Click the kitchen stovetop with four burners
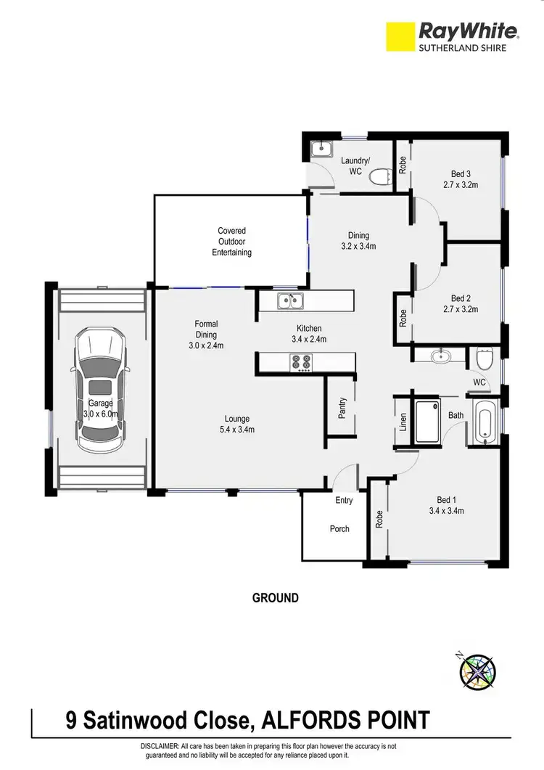[301, 362]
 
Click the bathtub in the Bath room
[485, 423]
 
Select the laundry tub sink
[320, 150]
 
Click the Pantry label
[342, 408]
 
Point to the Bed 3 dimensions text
[461, 184]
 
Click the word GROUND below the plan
[275, 598]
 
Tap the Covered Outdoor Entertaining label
[231, 242]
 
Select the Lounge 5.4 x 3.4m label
[236, 424]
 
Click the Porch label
[339, 528]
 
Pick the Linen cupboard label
[403, 422]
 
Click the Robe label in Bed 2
[403, 317]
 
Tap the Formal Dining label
[206, 335]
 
